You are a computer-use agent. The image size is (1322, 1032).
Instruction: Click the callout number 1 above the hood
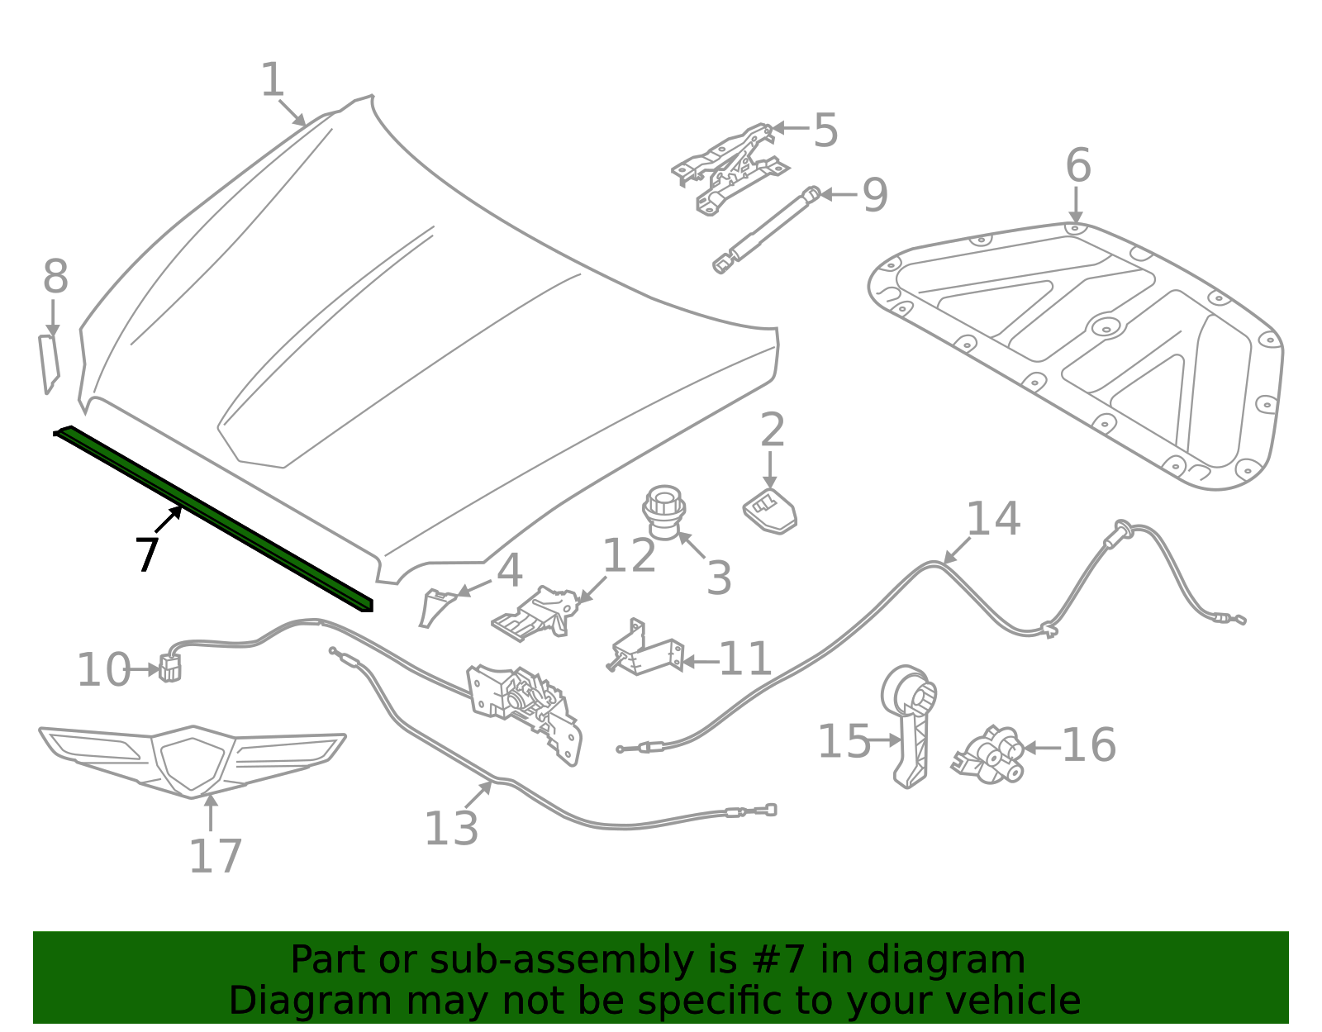click(273, 80)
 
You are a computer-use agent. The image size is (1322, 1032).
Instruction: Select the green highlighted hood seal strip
click(215, 520)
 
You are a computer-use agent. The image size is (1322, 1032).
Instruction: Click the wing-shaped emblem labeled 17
click(192, 760)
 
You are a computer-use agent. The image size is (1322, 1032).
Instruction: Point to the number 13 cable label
click(451, 828)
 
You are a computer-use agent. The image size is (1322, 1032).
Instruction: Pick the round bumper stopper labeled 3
click(664, 512)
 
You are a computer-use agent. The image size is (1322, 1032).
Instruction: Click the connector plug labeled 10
click(169, 668)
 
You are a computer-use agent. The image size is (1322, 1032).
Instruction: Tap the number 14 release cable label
click(993, 519)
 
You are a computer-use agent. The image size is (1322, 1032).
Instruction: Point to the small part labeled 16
click(990, 754)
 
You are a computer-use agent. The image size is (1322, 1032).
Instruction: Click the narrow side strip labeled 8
click(50, 364)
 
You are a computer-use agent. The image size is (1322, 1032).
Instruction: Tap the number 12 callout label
click(629, 555)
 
